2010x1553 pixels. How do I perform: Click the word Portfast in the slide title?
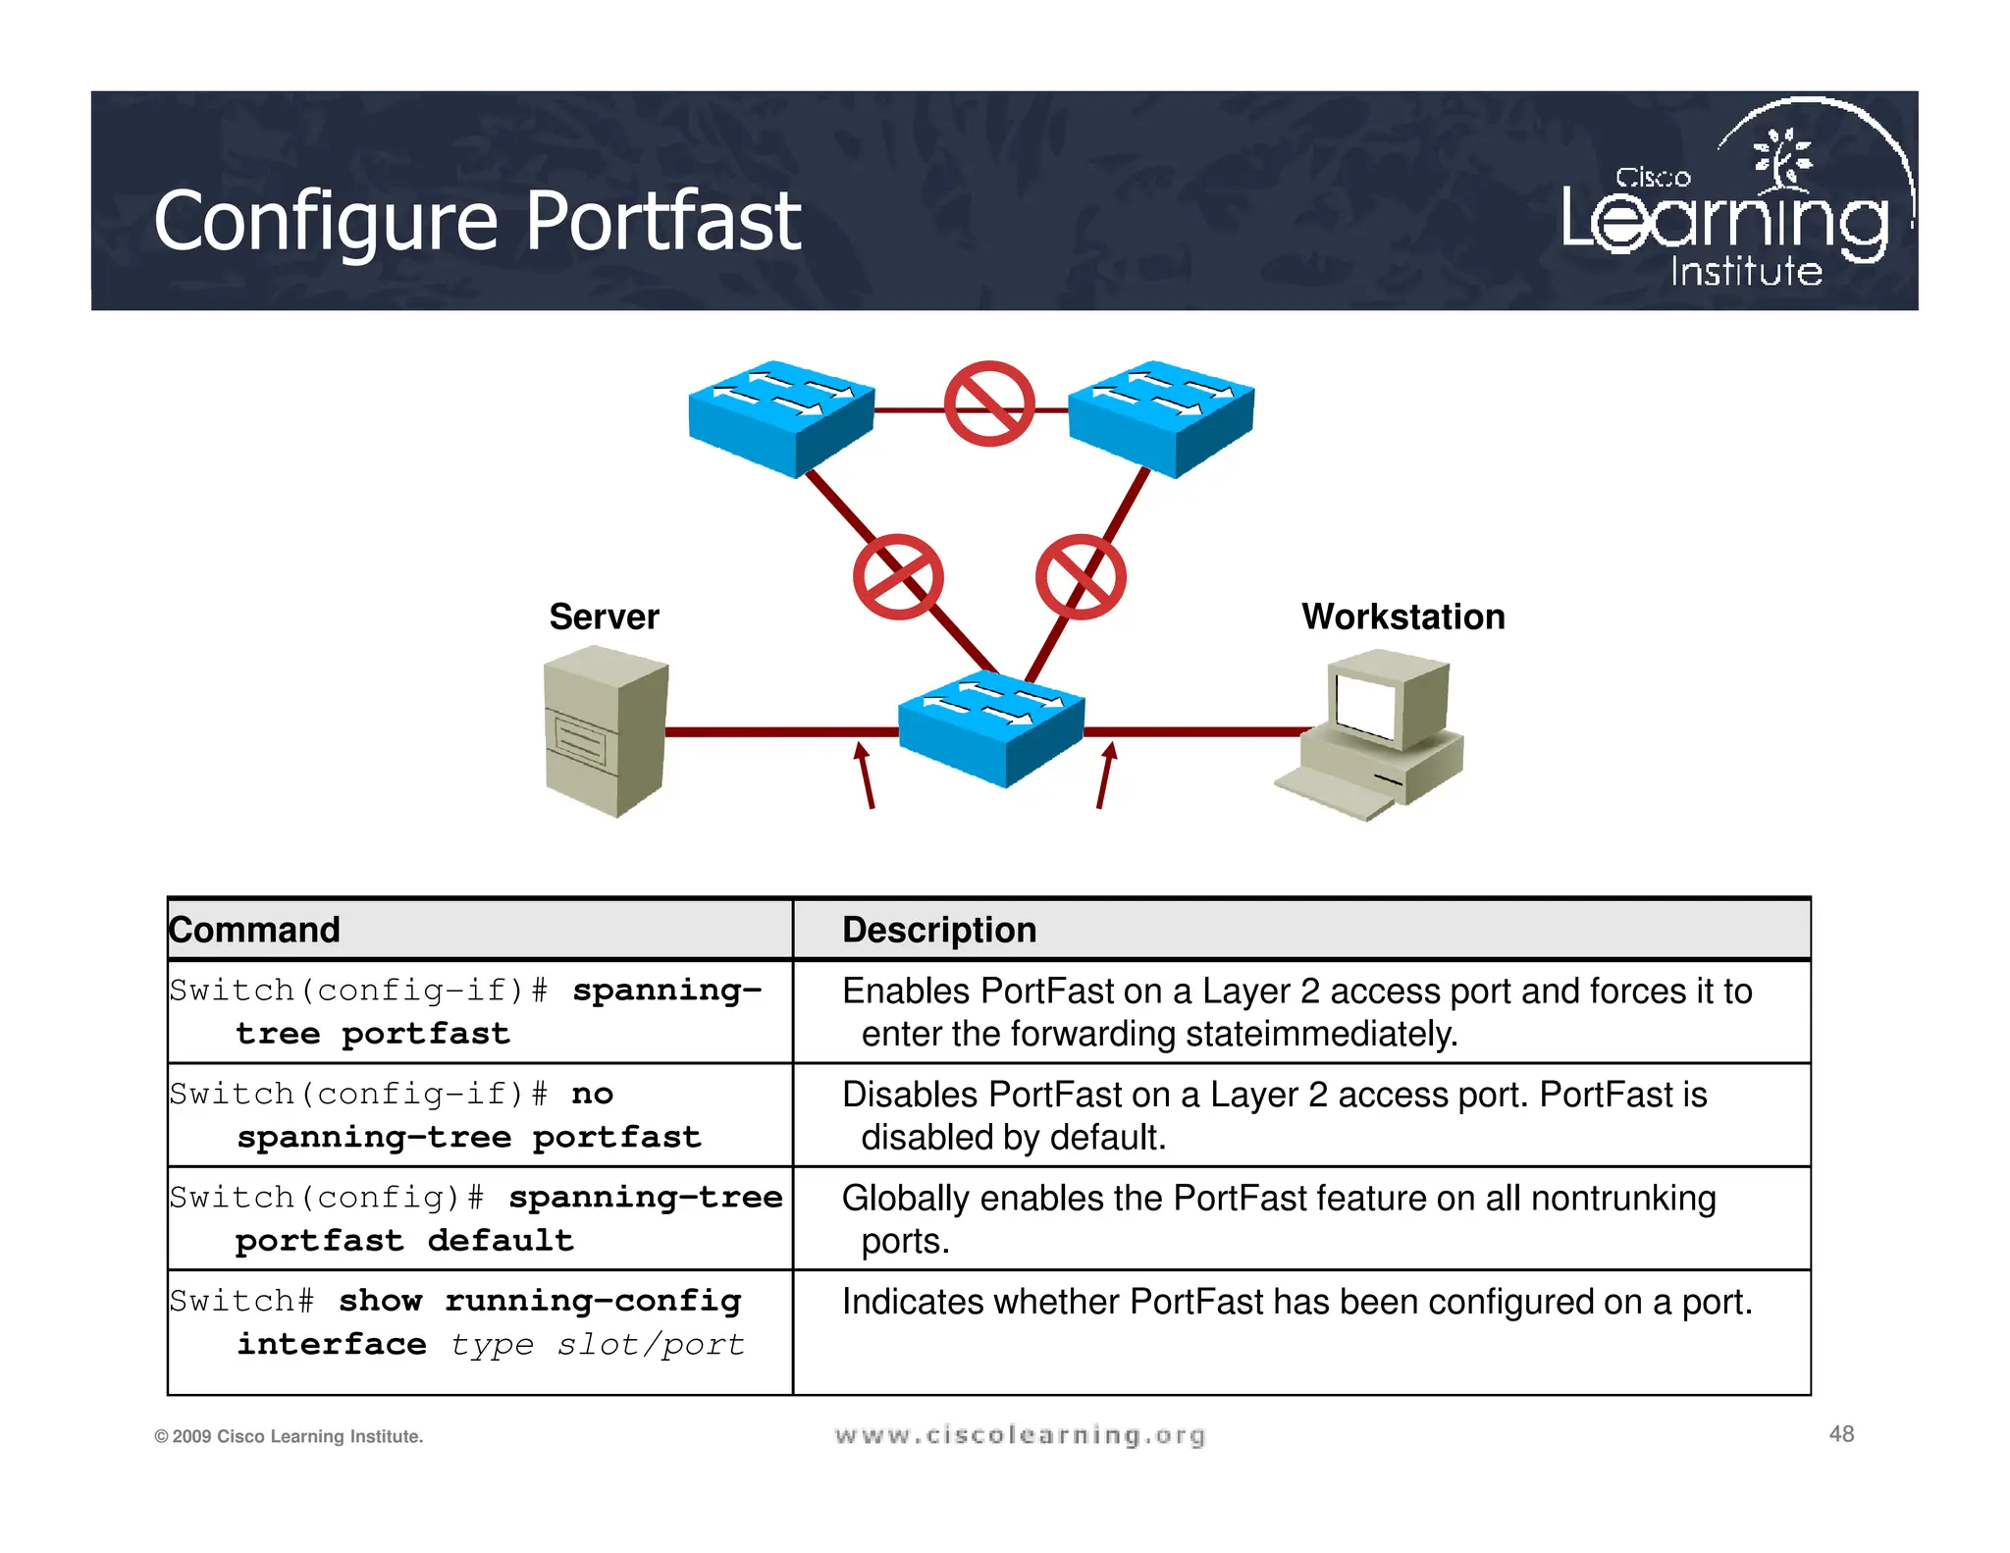[663, 222]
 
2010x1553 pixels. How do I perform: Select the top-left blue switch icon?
[781, 417]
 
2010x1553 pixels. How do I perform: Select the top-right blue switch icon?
[1161, 417]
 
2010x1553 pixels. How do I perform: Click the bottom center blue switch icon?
[991, 727]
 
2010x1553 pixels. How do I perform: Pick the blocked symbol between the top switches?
[988, 403]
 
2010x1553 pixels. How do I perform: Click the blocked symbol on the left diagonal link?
[898, 577]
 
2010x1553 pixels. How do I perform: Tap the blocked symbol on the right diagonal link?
[1081, 577]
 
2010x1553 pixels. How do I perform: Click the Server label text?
[604, 616]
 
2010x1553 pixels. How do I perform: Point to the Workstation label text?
[1402, 616]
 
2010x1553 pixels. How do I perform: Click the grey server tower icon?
[605, 730]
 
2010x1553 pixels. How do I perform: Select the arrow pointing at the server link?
[865, 775]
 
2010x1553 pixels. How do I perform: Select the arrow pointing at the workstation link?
[1105, 775]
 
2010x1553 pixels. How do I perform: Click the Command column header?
[255, 930]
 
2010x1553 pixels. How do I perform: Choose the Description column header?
[939, 930]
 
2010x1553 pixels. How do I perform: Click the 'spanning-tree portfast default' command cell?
[477, 1218]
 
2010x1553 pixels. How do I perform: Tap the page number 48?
[1841, 1434]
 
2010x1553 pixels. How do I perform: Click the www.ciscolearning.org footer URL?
[1020, 1435]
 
